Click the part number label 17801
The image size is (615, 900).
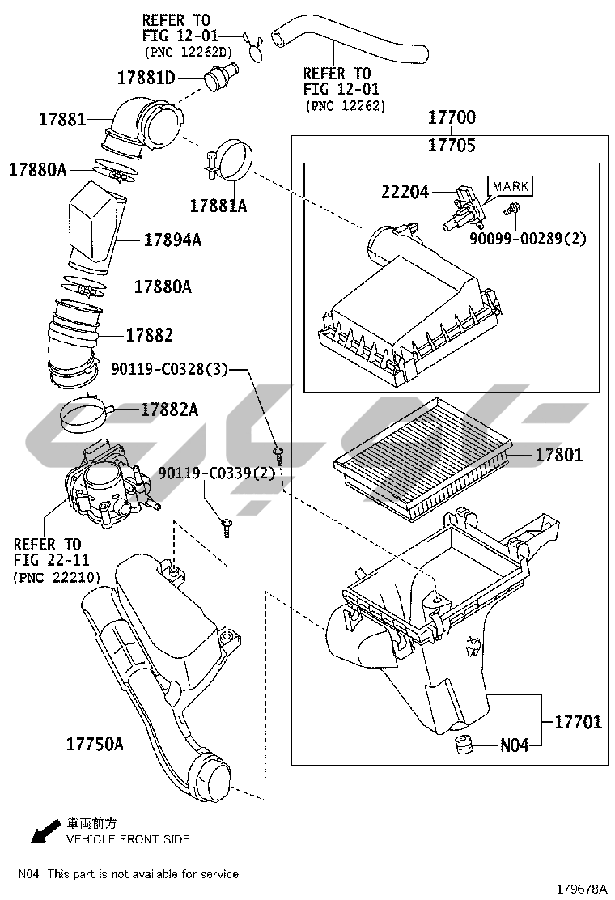tap(559, 455)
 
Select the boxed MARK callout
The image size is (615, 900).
tap(511, 186)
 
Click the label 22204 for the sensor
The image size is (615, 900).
tap(405, 193)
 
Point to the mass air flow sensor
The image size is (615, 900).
tap(463, 207)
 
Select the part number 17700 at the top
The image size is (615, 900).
tap(452, 117)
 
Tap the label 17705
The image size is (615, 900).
tap(452, 145)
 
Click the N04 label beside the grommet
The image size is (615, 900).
tap(514, 745)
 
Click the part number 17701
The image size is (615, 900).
tap(579, 721)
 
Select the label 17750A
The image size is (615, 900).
tap(95, 745)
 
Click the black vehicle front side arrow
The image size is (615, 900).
tap(46, 832)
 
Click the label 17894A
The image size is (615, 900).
tap(172, 240)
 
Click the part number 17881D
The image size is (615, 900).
tap(146, 78)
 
